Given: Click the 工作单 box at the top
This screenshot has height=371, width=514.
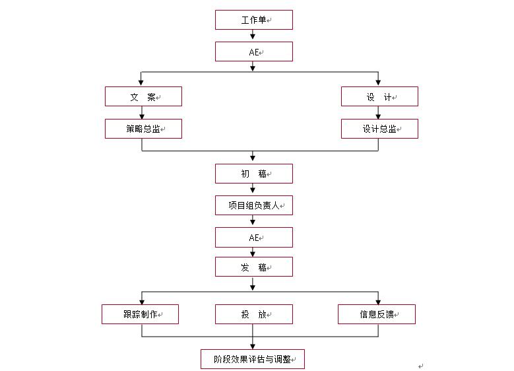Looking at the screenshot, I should [x=253, y=20].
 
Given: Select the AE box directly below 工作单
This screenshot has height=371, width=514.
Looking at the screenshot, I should [x=253, y=51].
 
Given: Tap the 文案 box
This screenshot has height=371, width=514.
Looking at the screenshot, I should [x=143, y=96].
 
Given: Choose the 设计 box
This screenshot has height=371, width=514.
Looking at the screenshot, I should [x=379, y=96].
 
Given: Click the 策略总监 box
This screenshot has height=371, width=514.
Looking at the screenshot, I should [x=143, y=129].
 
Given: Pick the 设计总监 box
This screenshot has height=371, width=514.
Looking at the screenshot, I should [x=379, y=129].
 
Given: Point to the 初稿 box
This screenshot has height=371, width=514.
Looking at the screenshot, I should [x=253, y=174].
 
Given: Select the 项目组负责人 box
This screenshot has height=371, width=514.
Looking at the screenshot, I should [x=253, y=205].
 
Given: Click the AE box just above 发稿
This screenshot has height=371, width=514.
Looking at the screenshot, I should [x=253, y=237].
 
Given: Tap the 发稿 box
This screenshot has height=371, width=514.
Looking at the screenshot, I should [x=253, y=267].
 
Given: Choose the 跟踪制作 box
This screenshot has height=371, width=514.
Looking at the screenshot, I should [x=140, y=314].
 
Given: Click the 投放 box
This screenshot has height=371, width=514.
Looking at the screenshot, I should [x=253, y=314].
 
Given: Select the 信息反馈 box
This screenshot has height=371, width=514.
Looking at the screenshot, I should [x=376, y=314].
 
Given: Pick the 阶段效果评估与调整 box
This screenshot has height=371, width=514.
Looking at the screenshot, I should [x=253, y=359].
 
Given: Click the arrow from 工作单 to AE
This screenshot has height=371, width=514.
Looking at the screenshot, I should [x=253, y=36].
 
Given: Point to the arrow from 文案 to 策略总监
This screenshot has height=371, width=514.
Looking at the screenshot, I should [x=142, y=113].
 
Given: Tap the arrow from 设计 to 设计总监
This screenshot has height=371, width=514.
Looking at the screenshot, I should [x=379, y=113].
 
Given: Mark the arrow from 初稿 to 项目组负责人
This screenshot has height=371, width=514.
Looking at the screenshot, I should [x=253, y=189].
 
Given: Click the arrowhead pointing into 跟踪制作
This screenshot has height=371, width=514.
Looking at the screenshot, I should [x=141, y=300].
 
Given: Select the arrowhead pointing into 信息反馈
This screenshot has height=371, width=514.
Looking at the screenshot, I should [x=379, y=300].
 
